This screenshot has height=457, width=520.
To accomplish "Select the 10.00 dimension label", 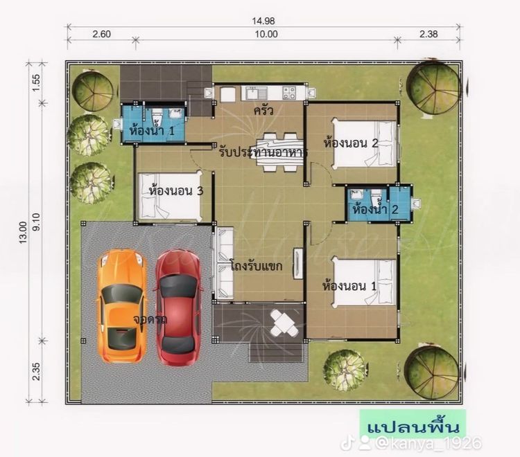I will coord(265,33).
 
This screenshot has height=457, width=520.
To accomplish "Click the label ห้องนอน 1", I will coord(350,285).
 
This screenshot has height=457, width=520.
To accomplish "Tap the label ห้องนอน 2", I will coord(350,143).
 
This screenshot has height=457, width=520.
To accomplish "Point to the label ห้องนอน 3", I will coord(175,190).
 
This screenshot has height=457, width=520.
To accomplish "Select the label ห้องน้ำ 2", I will coord(374,208).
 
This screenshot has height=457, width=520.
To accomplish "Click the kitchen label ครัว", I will coord(262,110).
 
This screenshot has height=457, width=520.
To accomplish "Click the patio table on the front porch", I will coord(282,323).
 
